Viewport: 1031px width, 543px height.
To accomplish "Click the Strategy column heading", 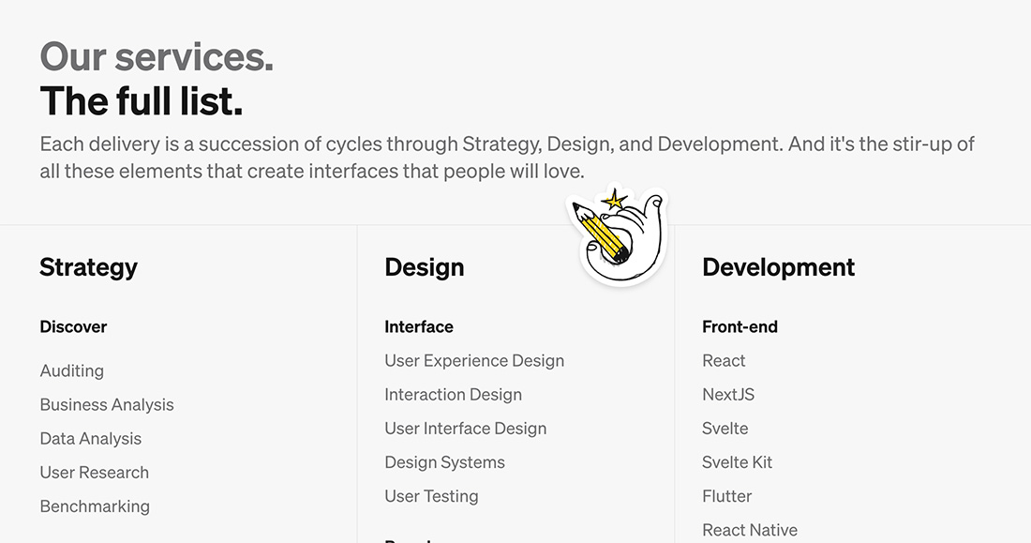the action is click(x=89, y=268).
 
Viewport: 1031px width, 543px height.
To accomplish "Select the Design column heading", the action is click(x=424, y=267).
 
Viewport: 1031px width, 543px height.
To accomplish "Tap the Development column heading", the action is click(x=779, y=267).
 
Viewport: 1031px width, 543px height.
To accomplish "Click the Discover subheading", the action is click(x=73, y=326).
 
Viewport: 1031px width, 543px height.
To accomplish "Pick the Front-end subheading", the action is click(x=740, y=326).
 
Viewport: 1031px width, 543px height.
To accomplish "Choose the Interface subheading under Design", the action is click(x=419, y=326).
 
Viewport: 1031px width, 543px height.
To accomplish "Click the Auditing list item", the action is click(x=71, y=371).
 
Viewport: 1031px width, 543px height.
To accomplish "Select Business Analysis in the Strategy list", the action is click(x=107, y=405).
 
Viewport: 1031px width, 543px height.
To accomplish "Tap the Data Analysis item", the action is click(x=91, y=438).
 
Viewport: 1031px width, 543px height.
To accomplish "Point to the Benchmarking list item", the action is click(x=95, y=506).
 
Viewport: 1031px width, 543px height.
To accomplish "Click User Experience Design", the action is click(x=474, y=361).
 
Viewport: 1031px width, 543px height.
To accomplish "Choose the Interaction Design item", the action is click(x=453, y=394).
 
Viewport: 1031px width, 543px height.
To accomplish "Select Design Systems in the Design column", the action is click(x=444, y=462).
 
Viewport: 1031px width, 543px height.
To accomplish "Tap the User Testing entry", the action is click(x=431, y=496).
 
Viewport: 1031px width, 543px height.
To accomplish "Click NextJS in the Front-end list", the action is click(x=728, y=394).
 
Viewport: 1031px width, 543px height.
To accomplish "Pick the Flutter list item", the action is click(x=726, y=496).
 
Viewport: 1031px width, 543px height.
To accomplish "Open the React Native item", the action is click(x=750, y=530).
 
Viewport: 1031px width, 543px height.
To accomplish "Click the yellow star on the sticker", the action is click(x=614, y=200).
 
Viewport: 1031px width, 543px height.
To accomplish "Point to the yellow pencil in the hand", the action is click(x=600, y=232).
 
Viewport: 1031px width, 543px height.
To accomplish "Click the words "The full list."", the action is click(x=142, y=101).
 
